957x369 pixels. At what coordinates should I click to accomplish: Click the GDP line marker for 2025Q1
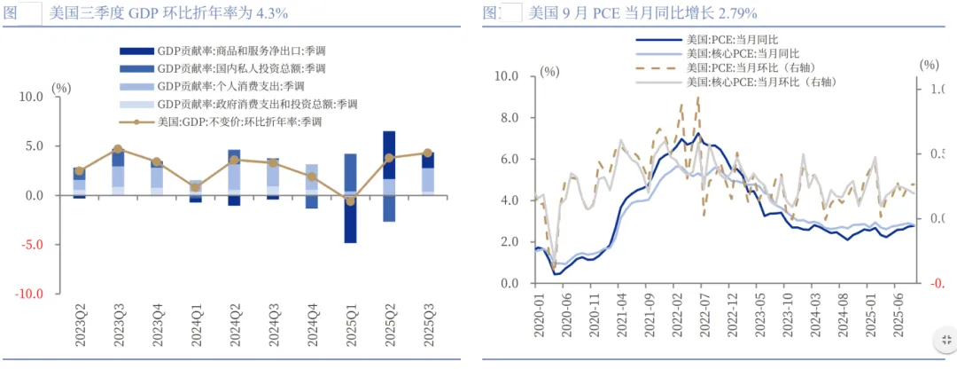[350, 201]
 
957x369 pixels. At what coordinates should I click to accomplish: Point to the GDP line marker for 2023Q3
[118, 149]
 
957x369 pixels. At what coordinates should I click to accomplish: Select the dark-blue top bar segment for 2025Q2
[389, 154]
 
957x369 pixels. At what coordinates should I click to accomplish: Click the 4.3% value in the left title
[269, 12]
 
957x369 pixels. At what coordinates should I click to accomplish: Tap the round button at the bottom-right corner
[945, 340]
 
